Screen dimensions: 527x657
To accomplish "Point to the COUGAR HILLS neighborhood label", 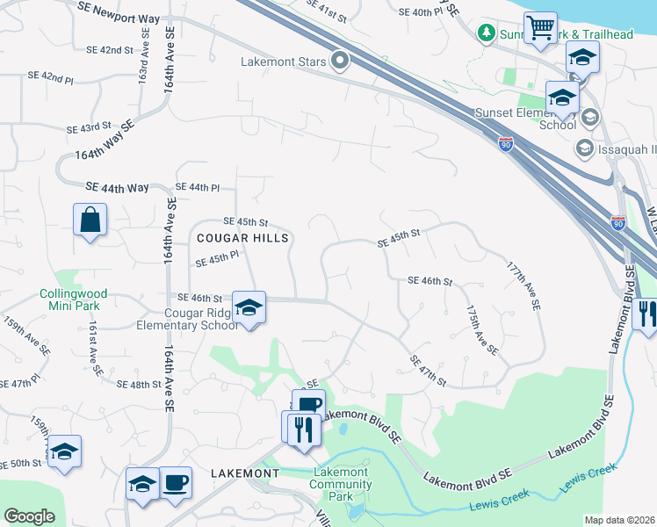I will (242, 238).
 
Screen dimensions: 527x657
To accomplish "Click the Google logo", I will (29, 516).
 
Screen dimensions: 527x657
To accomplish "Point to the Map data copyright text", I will (620, 520).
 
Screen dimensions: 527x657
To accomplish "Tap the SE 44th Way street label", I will (118, 188).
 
